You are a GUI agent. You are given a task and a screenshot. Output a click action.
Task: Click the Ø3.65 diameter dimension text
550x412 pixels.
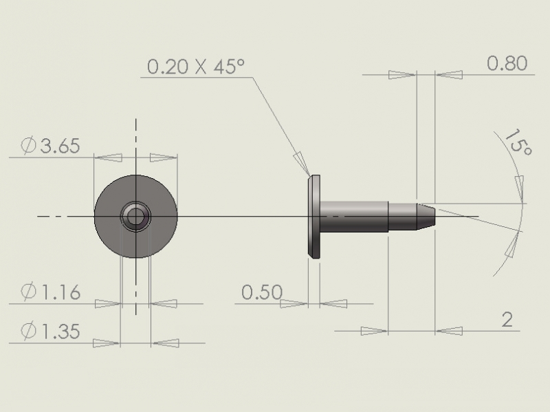pos(50,146)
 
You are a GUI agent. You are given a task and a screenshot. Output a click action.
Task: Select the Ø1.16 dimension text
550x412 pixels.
pos(50,292)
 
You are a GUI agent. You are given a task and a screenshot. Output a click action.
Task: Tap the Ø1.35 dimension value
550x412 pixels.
pos(50,331)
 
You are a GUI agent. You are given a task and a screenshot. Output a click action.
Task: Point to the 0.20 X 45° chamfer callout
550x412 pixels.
pos(195,66)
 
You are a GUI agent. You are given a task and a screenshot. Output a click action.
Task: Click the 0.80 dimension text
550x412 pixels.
pos(507,63)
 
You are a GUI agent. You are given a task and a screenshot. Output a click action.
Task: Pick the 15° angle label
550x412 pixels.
pos(518,142)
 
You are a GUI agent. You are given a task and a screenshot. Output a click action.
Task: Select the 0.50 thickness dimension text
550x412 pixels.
pos(262,292)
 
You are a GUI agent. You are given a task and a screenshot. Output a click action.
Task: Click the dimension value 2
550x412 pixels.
pos(507,320)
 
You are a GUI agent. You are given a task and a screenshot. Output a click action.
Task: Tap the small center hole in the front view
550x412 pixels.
pos(135,217)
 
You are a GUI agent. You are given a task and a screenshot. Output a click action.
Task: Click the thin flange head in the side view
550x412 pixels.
pos(314,217)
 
